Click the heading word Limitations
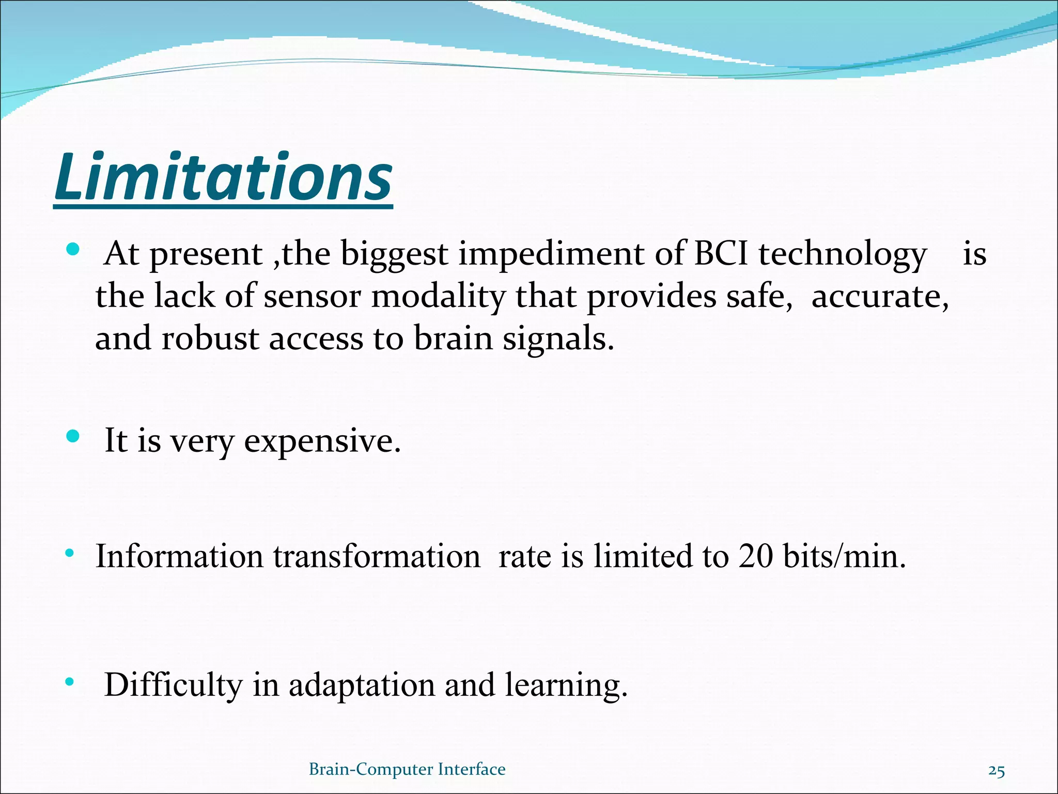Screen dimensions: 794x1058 point(223,177)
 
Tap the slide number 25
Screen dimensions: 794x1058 point(997,771)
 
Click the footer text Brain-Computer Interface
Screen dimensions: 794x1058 point(407,769)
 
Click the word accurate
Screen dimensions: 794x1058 point(880,298)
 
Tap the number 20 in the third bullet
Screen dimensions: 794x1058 point(755,557)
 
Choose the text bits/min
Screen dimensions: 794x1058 point(844,557)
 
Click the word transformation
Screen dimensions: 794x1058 point(377,557)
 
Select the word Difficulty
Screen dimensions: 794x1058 point(173,685)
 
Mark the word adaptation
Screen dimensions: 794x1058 point(362,685)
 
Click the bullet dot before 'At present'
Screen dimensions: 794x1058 point(73,250)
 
